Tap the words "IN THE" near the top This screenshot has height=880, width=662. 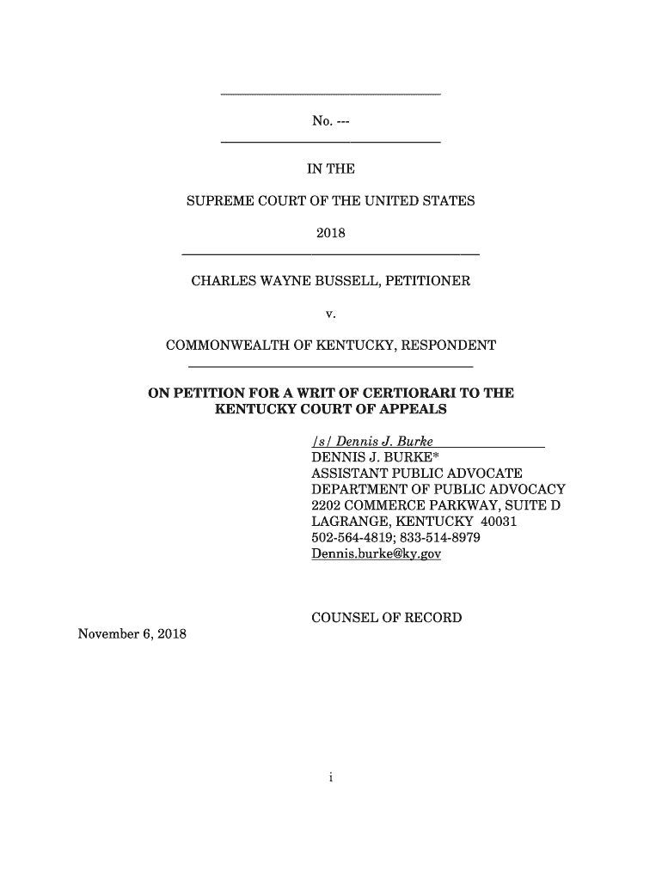coord(331,170)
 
